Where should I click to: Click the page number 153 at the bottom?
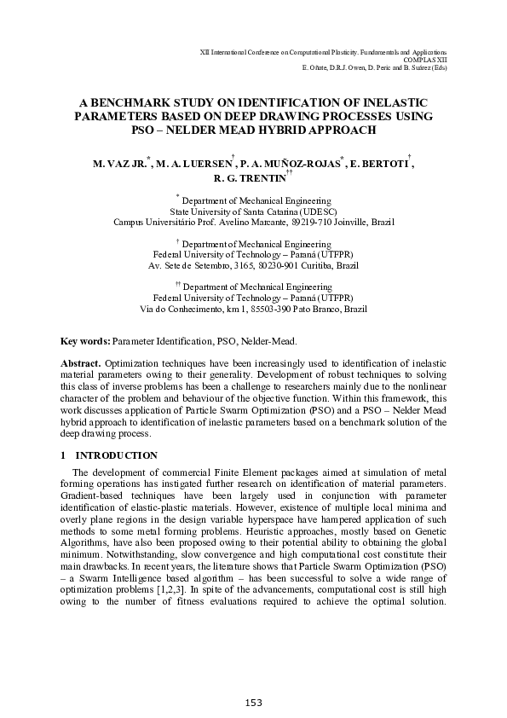[x=253, y=702]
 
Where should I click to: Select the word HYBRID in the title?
[x=298, y=129]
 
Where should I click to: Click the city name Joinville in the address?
[x=342, y=222]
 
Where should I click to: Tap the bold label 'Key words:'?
[x=85, y=341]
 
